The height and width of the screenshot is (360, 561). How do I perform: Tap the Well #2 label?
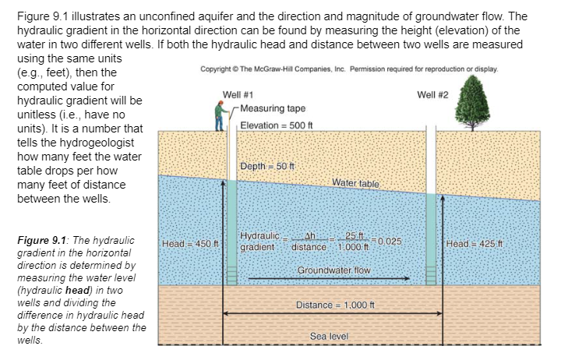pos(433,94)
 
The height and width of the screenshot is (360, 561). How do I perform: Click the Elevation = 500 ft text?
pos(275,126)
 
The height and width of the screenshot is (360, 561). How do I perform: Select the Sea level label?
pos(330,337)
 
